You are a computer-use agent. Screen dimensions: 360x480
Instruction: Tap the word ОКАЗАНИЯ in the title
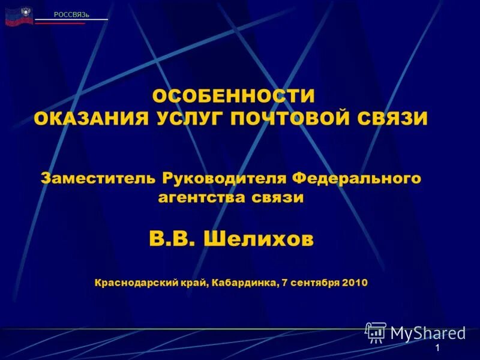[91, 118]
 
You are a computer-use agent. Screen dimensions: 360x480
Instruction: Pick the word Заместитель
[99, 178]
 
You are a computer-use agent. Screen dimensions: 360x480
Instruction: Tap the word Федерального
[356, 178]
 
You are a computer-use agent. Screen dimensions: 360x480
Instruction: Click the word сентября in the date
[316, 281]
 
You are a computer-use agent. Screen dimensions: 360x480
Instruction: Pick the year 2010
[355, 281]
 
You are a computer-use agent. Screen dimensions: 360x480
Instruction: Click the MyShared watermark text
[428, 332]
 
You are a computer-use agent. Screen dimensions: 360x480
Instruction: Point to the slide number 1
[439, 349]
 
